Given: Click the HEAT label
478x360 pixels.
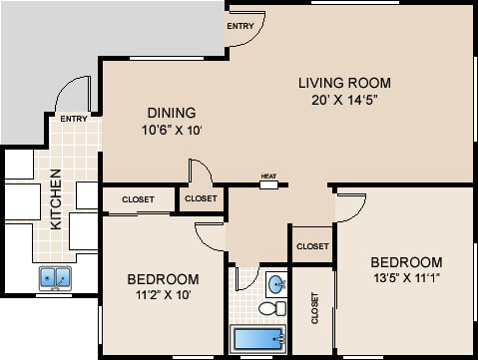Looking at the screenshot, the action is pos(268,177).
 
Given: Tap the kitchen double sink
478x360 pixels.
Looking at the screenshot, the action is pos(55,278).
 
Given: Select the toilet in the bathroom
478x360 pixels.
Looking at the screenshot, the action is pos(272,308).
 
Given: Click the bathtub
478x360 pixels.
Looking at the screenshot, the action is pos(258,338).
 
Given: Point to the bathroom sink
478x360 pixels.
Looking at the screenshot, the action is pos(276,284).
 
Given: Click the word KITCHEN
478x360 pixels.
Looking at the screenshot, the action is pos(56,199).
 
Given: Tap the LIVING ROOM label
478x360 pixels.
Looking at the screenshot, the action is pos(344,83).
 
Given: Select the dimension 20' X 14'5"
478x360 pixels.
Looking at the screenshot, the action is pos(345,100).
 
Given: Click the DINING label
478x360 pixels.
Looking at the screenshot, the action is pos(172,113).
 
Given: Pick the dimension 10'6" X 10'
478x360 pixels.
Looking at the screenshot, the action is pos(172,130).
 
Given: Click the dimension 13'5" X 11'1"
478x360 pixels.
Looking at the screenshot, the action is pos(407,277).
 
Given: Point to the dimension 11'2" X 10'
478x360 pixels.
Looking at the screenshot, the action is pos(164,294).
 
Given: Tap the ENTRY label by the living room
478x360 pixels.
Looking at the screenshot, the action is pos(240,26).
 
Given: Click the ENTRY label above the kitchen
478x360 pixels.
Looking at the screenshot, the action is pos(74,119).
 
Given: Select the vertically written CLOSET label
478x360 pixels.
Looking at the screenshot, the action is pos(314,308).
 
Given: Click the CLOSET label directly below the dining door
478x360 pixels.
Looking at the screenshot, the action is pos(201,198).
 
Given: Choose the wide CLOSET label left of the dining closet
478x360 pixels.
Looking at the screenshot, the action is pos(138,199).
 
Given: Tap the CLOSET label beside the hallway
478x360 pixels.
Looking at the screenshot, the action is pos(312,246).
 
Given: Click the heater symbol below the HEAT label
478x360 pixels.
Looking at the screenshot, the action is pos(268,184).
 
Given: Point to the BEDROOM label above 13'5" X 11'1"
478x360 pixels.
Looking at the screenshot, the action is pos(406,262).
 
